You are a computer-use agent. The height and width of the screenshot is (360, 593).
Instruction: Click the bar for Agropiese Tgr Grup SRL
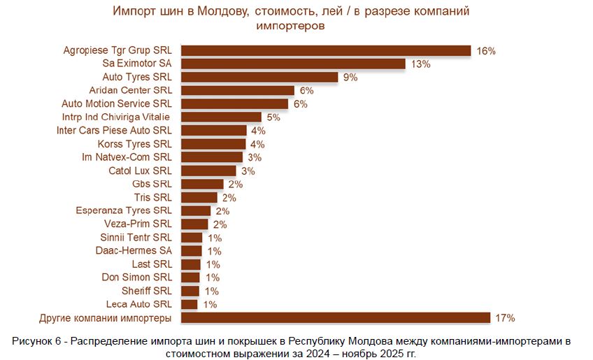[326, 50]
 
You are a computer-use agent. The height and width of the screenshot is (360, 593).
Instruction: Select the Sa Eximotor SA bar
[293, 64]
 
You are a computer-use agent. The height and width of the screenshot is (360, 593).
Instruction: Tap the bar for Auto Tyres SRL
[259, 77]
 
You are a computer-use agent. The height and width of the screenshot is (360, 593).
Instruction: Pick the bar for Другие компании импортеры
[336, 317]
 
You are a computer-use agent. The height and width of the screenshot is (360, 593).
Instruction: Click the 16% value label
[486, 51]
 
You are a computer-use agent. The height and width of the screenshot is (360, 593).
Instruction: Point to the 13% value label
[420, 64]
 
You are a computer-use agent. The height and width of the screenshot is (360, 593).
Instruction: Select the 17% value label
[505, 318]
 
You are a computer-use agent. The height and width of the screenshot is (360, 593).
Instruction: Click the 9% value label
[350, 78]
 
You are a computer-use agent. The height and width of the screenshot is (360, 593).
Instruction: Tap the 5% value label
[273, 117]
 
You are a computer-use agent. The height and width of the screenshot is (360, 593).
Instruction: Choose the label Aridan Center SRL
[131, 90]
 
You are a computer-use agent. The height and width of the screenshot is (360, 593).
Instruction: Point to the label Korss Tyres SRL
[134, 144]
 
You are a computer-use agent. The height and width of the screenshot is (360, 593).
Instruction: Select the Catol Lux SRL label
[140, 171]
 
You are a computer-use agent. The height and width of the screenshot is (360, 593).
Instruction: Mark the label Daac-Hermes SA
[134, 250]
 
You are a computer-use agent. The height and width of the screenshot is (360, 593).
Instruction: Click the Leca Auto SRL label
[138, 304]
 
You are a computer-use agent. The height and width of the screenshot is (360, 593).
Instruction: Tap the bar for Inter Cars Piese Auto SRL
[214, 130]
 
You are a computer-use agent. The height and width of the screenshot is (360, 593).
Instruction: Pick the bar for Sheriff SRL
[190, 291]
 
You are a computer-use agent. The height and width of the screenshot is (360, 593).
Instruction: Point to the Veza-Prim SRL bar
[194, 224]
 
